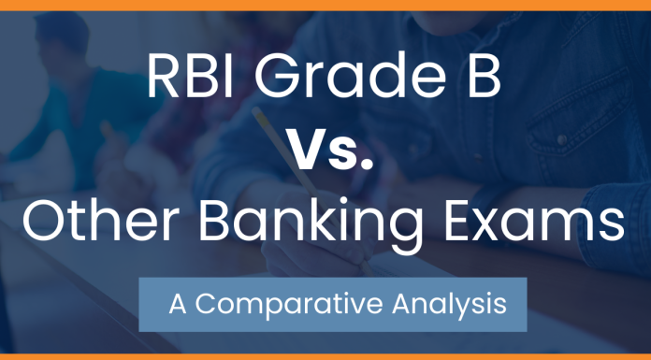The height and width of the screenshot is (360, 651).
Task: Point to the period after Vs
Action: (x=369, y=166)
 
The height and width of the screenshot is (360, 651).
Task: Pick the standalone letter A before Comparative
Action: (x=178, y=304)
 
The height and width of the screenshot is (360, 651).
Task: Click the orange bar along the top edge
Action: (x=325, y=4)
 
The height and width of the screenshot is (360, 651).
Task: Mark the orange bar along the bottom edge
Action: (x=325, y=356)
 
